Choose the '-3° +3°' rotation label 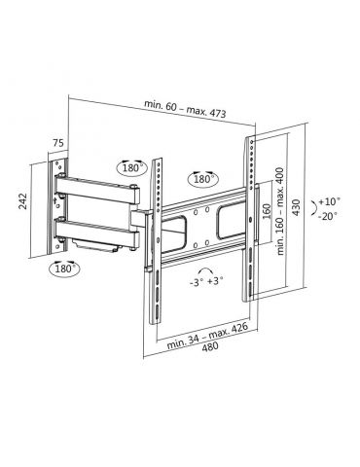click(x=205, y=283)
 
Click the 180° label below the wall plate click(x=65, y=268)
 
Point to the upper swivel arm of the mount click(x=102, y=184)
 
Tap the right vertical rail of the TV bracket click(x=250, y=224)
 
